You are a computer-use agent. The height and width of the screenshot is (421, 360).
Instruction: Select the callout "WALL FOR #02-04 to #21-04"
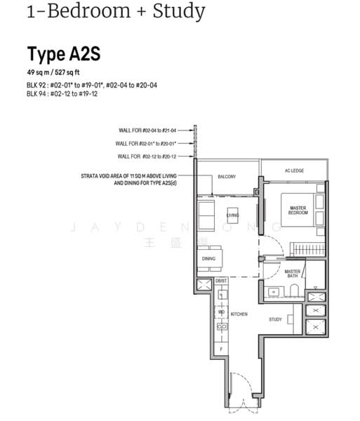[x=154, y=130]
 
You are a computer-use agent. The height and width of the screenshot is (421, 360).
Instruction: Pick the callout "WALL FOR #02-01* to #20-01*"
[x=154, y=143]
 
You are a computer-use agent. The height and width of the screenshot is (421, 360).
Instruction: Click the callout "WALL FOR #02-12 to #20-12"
[x=154, y=156]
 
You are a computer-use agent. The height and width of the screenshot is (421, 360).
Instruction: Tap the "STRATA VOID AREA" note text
[x=135, y=178]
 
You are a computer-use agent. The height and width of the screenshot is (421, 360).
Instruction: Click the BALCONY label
[x=226, y=177]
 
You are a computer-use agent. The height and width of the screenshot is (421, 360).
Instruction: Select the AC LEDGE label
[x=293, y=171]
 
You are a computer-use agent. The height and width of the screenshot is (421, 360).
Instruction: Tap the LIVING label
[x=232, y=215]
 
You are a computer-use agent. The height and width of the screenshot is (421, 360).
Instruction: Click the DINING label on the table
[x=208, y=259]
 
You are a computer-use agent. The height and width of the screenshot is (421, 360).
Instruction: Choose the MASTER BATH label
[x=293, y=274]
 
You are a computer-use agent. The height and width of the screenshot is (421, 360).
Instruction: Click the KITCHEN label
[x=239, y=314]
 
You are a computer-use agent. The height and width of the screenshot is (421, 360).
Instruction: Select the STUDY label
[x=275, y=319]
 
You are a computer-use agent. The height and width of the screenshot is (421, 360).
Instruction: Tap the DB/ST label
[x=221, y=281]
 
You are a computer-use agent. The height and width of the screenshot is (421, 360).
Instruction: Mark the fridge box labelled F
[x=221, y=349]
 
